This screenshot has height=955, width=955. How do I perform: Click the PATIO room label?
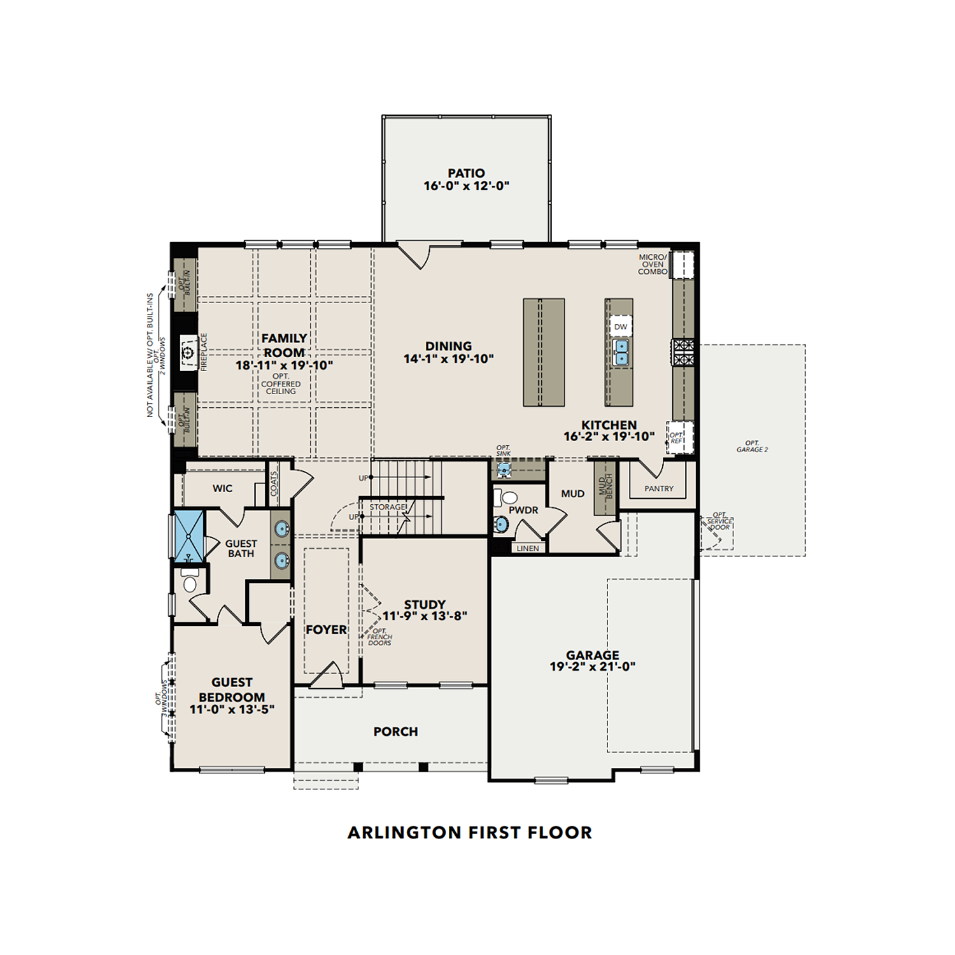466,173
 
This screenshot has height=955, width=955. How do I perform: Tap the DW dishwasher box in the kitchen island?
621,327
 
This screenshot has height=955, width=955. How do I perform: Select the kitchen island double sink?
621,351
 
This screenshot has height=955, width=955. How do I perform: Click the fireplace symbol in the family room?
188,352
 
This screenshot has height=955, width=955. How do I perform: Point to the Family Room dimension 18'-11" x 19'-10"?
284,365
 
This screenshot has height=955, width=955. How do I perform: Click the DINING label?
448,346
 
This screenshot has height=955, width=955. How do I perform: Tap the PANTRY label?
658,489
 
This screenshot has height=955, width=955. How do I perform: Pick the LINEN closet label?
527,548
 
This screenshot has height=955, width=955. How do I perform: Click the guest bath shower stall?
189,535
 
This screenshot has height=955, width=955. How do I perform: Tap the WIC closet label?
222,488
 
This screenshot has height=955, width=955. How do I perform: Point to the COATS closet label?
274,484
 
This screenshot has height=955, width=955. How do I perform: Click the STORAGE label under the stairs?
387,507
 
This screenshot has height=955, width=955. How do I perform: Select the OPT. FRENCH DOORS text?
379,637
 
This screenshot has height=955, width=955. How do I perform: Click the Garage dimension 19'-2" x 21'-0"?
592,667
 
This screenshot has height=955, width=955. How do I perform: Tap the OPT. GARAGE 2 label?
752,446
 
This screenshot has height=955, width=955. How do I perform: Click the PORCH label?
395,732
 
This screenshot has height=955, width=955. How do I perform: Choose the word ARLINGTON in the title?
404,833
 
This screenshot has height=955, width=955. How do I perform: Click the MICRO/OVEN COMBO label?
653,264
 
